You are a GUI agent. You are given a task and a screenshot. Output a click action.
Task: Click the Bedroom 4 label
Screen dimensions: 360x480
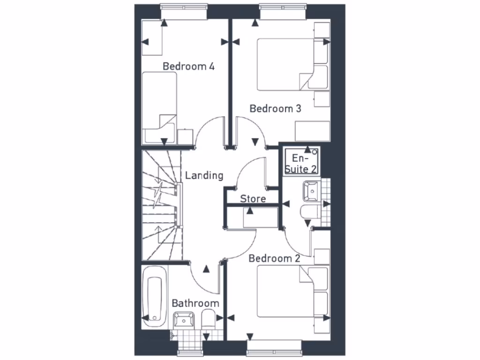(188, 66)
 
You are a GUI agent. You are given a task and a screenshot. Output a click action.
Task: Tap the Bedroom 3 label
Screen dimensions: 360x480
(275, 109)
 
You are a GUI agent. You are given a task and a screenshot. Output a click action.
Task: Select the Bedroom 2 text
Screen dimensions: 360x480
(274, 258)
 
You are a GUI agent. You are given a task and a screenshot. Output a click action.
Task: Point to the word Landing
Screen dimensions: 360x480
(204, 176)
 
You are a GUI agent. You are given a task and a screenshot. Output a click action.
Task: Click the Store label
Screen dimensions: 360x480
(253, 199)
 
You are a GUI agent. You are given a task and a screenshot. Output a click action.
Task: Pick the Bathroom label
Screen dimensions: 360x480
(195, 303)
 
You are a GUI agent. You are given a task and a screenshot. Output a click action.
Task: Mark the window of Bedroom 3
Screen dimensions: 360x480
(283, 12)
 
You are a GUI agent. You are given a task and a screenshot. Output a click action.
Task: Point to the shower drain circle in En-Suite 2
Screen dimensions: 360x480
(314, 152)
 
